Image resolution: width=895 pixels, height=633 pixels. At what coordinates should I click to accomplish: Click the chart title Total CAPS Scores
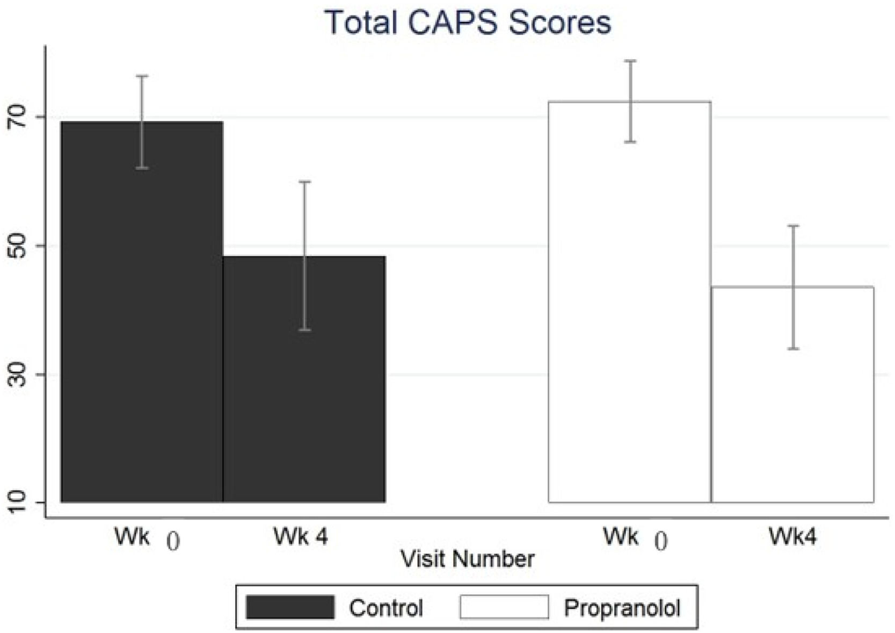pyautogui.click(x=468, y=23)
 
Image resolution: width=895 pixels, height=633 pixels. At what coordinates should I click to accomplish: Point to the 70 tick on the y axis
pyautogui.click(x=17, y=117)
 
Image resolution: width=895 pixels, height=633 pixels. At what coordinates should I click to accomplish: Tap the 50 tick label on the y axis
pyautogui.click(x=17, y=246)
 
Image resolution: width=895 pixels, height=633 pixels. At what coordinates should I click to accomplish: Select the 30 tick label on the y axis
pyautogui.click(x=17, y=375)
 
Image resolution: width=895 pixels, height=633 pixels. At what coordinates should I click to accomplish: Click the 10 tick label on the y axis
pyautogui.click(x=17, y=502)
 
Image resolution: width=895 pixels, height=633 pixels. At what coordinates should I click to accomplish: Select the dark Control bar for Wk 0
pyautogui.click(x=142, y=312)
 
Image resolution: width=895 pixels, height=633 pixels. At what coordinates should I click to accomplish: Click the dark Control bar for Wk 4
pyautogui.click(x=304, y=379)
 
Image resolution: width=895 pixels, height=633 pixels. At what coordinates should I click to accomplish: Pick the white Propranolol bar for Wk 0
pyautogui.click(x=630, y=302)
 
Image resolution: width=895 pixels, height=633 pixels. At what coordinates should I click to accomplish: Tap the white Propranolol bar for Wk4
pyautogui.click(x=792, y=394)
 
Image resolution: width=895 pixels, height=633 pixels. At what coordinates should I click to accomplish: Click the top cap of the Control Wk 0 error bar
pyautogui.click(x=142, y=76)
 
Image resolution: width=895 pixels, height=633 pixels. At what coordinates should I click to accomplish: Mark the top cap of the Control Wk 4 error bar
pyautogui.click(x=305, y=182)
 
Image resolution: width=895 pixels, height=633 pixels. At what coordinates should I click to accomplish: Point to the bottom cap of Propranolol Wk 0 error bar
pyautogui.click(x=630, y=142)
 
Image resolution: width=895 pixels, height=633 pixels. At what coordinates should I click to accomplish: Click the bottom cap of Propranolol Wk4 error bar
pyautogui.click(x=792, y=349)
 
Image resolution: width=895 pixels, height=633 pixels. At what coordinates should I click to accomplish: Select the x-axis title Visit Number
pyautogui.click(x=468, y=559)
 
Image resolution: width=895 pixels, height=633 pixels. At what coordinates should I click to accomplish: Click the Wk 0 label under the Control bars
pyautogui.click(x=147, y=538)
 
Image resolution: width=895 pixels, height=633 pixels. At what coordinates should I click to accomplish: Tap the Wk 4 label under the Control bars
pyautogui.click(x=301, y=537)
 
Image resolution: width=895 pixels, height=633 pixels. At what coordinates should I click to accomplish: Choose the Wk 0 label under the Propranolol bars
pyautogui.click(x=635, y=538)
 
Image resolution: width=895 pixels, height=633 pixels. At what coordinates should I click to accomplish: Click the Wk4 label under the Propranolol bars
pyautogui.click(x=792, y=537)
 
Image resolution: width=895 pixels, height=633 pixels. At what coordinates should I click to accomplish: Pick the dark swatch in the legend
pyautogui.click(x=290, y=607)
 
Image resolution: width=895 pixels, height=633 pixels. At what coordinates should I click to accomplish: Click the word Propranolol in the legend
pyautogui.click(x=622, y=608)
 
